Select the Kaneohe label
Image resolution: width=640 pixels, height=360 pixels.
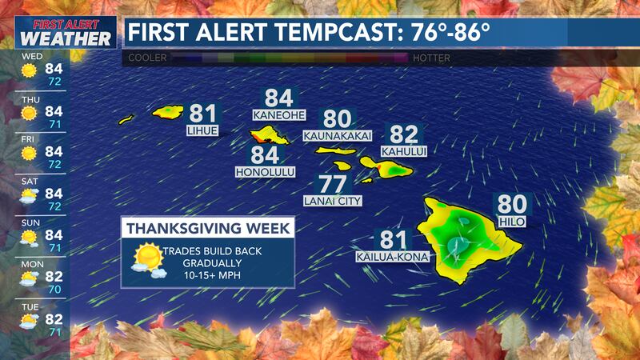[x=278, y=115]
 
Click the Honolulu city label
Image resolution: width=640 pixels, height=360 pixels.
[x=266, y=172]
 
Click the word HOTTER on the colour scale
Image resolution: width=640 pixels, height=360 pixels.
[x=433, y=58]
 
